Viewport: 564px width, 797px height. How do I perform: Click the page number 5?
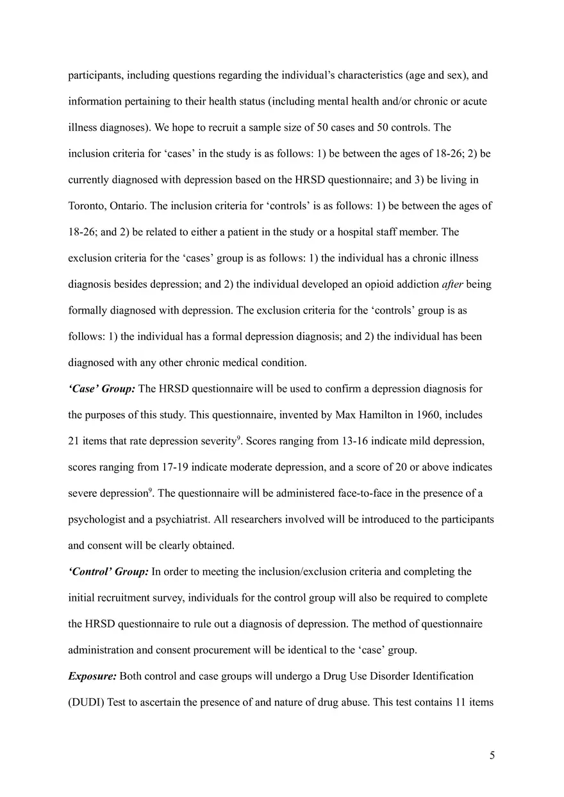point(492,755)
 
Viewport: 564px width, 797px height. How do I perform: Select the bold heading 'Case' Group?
point(101,389)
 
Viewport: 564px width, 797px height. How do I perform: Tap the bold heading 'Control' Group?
point(108,571)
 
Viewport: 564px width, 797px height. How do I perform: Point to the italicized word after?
point(455,284)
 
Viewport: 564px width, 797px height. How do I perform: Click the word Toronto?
point(87,206)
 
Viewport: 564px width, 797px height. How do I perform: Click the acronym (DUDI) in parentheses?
point(86,702)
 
